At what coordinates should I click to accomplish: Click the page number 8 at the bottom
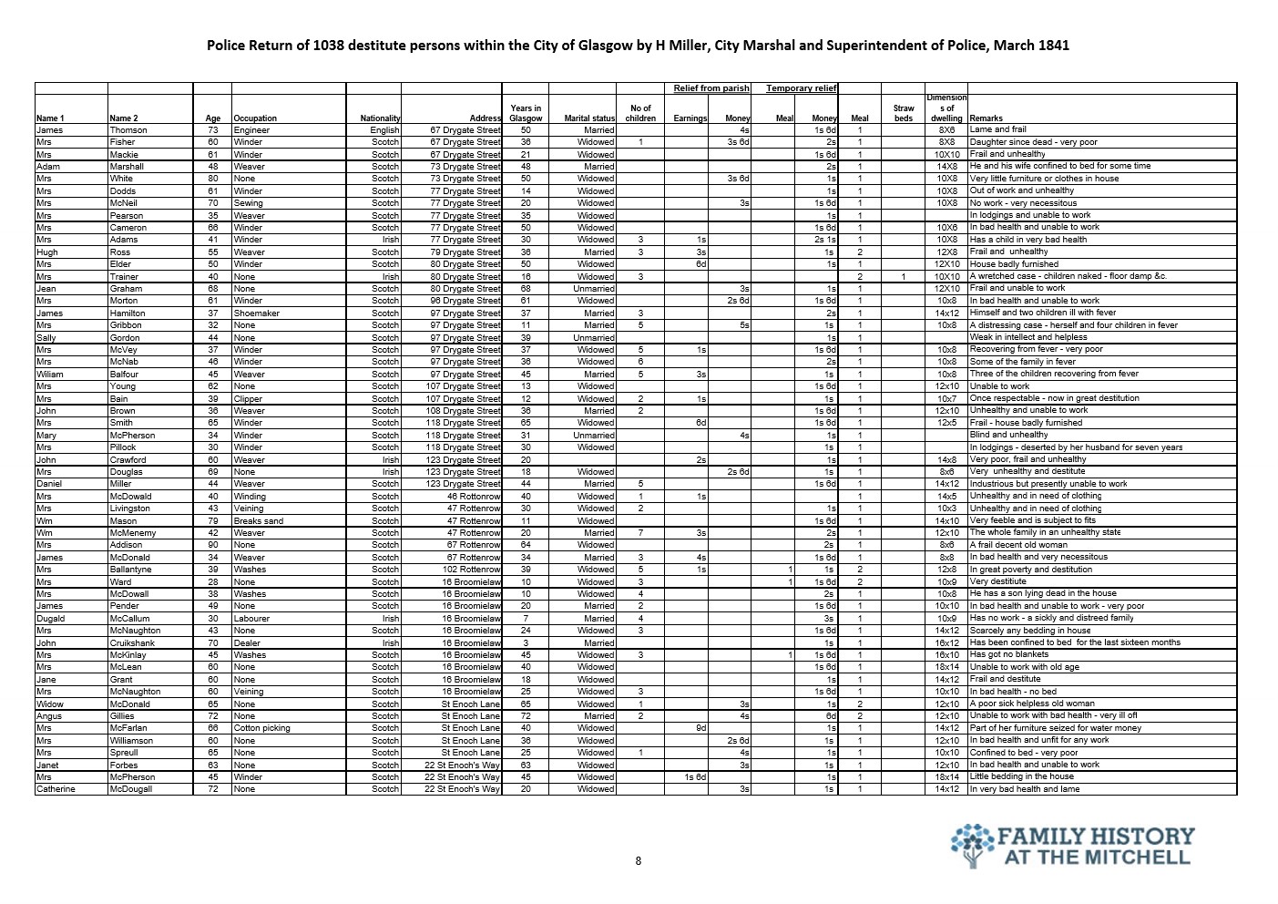(x=638, y=860)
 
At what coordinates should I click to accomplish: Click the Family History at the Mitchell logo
(x=1072, y=846)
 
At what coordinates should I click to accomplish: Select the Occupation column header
(x=255, y=118)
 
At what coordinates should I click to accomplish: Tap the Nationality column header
(x=380, y=118)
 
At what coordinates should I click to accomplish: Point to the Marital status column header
(x=589, y=118)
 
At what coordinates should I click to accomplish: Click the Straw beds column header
(x=903, y=113)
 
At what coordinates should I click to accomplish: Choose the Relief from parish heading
(x=711, y=88)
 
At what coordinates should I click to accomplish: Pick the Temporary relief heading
(x=802, y=88)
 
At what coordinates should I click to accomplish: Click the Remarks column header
(x=986, y=118)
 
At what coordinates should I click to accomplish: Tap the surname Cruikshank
(x=135, y=642)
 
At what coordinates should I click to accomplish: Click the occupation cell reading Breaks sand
(x=259, y=520)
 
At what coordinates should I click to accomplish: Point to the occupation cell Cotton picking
(x=261, y=728)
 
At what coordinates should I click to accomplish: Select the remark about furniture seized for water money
(x=1055, y=728)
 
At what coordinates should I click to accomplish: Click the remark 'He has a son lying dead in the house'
(x=1043, y=593)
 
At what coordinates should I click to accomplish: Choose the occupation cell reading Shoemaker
(x=258, y=313)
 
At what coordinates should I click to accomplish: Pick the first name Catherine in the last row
(x=56, y=789)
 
